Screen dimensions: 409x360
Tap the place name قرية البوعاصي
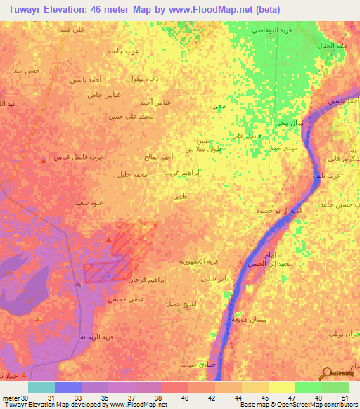[x=271, y=31]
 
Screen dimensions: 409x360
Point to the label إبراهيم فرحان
[x=147, y=280]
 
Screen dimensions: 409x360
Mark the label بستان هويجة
[x=248, y=320]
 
